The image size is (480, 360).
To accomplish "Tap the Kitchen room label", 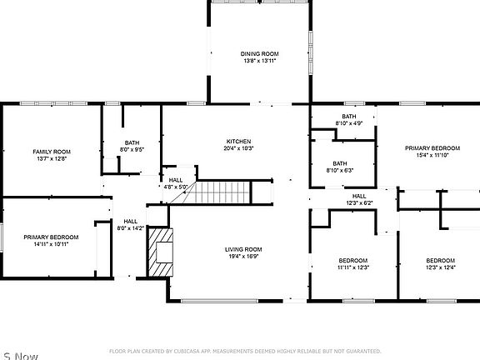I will [x=238, y=142].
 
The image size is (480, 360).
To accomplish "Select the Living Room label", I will [x=243, y=249].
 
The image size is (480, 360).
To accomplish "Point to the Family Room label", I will [x=52, y=152].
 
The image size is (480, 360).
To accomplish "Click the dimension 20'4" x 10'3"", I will [x=238, y=149].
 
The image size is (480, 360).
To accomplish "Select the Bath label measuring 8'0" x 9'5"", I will [x=132, y=142].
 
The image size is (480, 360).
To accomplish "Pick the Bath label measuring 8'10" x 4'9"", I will [x=349, y=116].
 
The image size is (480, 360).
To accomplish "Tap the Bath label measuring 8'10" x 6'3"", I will [x=340, y=163].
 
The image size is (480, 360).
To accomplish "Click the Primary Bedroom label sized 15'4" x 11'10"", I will [x=427, y=148].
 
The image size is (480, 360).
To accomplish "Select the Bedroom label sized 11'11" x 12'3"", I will [x=353, y=260].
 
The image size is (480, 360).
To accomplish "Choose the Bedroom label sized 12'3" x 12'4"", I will [x=441, y=260].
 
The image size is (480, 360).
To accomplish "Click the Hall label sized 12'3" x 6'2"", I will [x=359, y=196].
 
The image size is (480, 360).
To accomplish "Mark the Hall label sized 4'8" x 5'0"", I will [x=176, y=180].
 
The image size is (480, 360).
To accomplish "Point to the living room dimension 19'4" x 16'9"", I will [x=243, y=257].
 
